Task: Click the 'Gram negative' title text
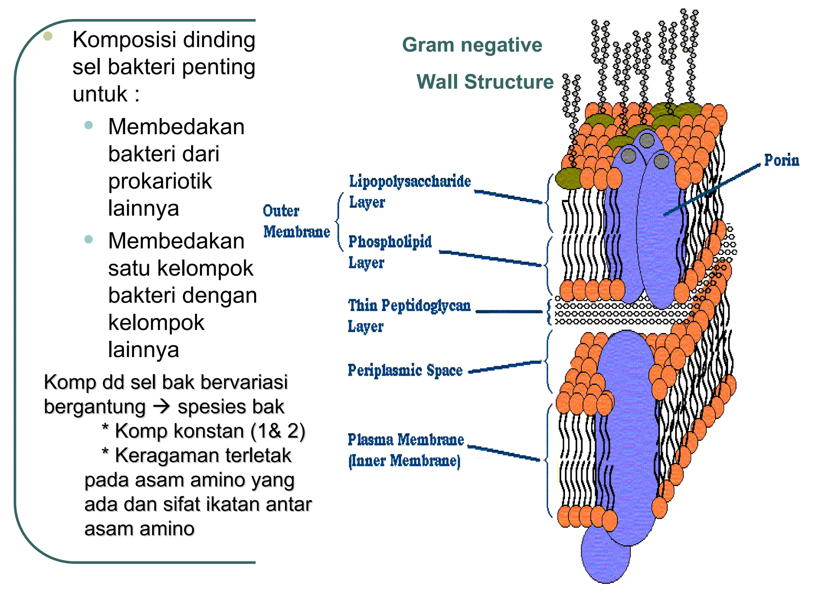(x=472, y=45)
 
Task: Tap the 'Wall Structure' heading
(x=485, y=82)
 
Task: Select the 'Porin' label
(x=781, y=160)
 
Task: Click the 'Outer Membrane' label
(x=296, y=221)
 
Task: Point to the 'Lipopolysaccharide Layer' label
(x=409, y=191)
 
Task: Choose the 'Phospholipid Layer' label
(x=389, y=252)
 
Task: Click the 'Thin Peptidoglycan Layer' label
(x=408, y=316)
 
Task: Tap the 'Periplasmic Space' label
(x=405, y=370)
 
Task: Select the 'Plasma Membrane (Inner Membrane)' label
(x=405, y=450)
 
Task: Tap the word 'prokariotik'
(x=160, y=181)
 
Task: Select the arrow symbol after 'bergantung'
(x=162, y=406)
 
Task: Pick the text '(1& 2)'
(x=277, y=431)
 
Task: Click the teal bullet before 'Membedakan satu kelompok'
(x=89, y=239)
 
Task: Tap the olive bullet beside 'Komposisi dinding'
(x=48, y=37)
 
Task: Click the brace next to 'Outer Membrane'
(x=339, y=222)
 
